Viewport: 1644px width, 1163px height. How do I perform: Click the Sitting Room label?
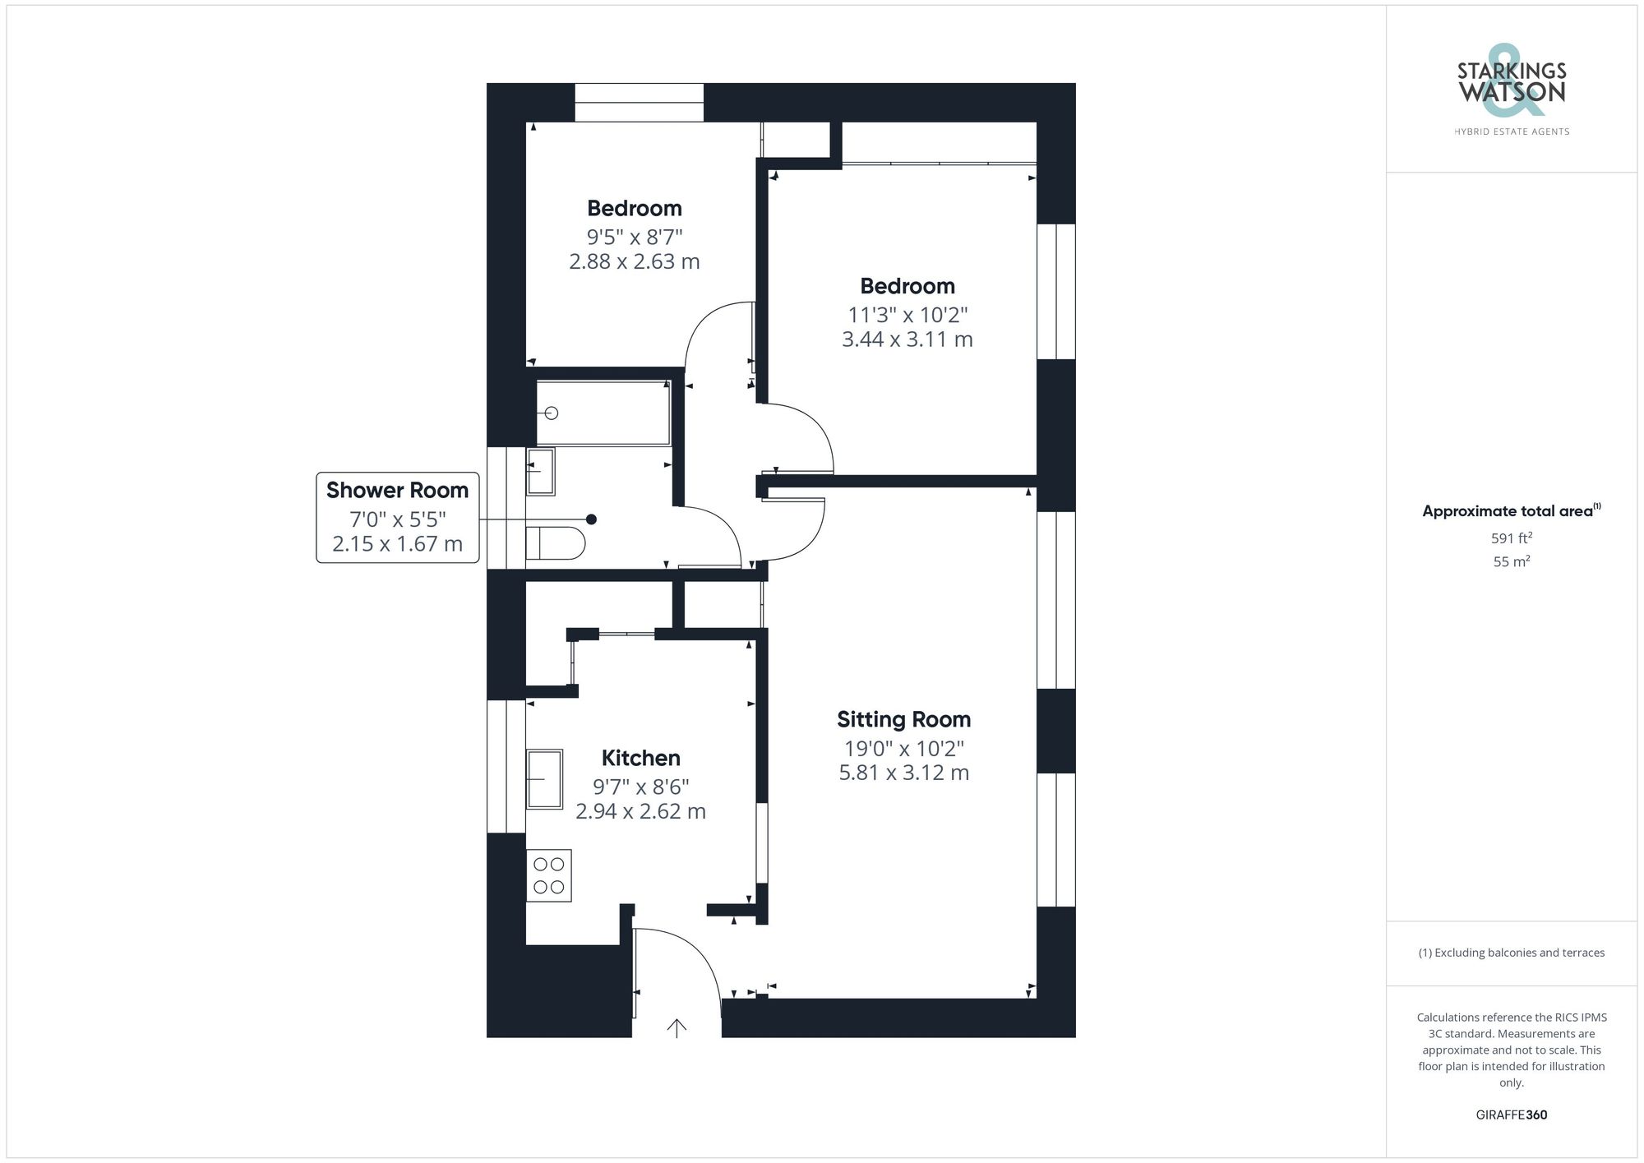click(903, 719)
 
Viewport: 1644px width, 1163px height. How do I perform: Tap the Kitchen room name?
click(640, 758)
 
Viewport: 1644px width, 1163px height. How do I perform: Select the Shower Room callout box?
click(398, 517)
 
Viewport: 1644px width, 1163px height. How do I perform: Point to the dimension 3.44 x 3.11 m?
click(907, 339)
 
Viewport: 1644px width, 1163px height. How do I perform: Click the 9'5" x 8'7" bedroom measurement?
click(634, 238)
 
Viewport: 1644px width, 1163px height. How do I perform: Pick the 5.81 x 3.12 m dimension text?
click(903, 773)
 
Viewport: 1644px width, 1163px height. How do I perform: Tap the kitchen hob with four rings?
click(548, 875)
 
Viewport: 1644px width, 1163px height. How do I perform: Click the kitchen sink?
click(544, 778)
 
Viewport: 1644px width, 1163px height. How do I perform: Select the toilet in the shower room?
click(555, 543)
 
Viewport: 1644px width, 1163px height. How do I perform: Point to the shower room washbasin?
click(540, 471)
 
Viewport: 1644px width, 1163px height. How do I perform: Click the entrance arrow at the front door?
click(677, 1027)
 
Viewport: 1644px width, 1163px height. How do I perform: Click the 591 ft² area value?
click(1511, 538)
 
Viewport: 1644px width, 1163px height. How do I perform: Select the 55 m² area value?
click(1511, 562)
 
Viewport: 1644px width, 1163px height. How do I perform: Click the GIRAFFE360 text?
click(1511, 1115)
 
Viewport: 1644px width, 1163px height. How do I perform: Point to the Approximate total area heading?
click(1511, 511)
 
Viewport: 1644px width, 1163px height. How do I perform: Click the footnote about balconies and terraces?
click(1511, 953)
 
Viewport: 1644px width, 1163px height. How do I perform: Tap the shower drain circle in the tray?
click(552, 413)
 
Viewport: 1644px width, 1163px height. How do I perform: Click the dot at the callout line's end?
click(591, 519)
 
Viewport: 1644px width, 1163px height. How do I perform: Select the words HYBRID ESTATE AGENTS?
click(1511, 132)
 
